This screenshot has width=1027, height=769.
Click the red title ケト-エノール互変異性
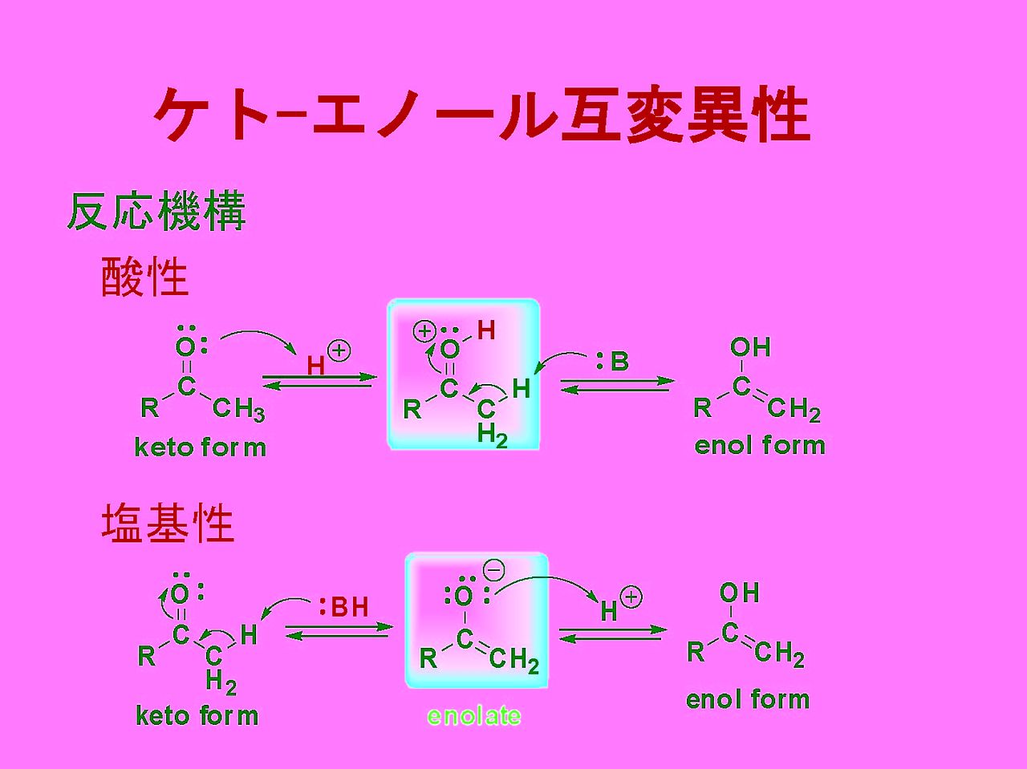(x=481, y=116)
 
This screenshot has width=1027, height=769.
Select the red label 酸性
(x=145, y=277)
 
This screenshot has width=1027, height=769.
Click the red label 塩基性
(x=168, y=524)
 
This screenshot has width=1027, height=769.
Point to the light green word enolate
(x=473, y=715)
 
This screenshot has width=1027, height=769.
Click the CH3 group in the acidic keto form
(x=238, y=411)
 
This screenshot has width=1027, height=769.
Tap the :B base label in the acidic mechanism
(x=612, y=362)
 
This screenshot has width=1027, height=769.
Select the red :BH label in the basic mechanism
(x=343, y=608)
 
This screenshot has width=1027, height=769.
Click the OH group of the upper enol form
(x=750, y=347)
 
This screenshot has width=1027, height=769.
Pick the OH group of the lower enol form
(x=739, y=593)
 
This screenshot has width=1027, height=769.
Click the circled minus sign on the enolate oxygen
(x=494, y=570)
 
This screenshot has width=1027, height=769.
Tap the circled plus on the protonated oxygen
(x=424, y=330)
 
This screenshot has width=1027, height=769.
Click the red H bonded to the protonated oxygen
(x=486, y=330)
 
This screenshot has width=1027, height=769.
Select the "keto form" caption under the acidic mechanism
(x=200, y=447)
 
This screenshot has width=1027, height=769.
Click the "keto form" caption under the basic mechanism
(x=197, y=714)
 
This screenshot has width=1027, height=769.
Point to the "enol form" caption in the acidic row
(x=760, y=445)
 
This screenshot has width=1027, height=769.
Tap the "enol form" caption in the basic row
(x=748, y=699)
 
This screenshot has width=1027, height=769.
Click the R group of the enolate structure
(x=429, y=659)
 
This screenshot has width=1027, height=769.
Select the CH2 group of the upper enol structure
(x=794, y=411)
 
